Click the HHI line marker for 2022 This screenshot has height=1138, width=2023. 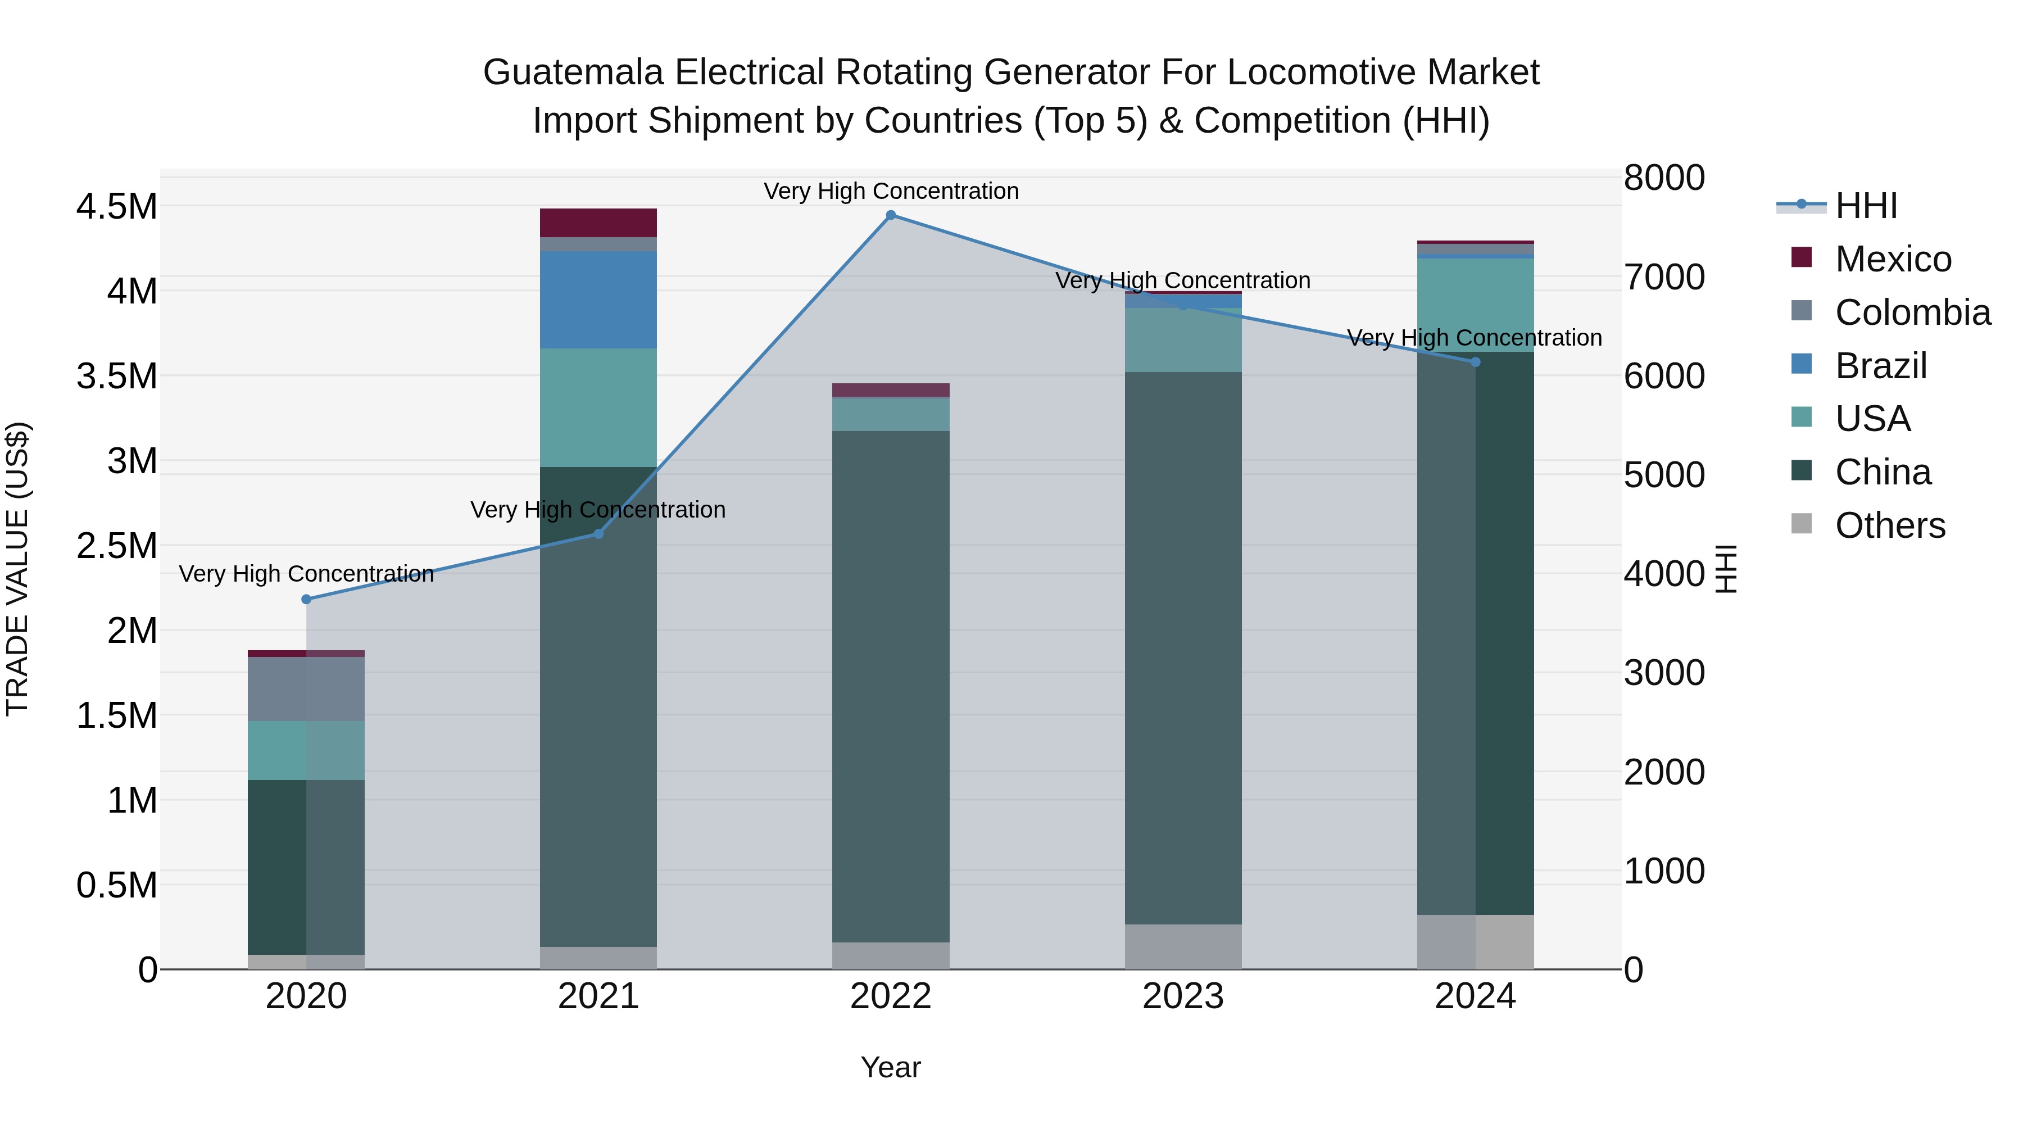891,215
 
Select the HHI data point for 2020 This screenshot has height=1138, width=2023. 306,599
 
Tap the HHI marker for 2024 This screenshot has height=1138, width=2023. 1475,362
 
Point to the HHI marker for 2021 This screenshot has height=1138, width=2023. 598,534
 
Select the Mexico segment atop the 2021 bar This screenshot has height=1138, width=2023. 598,223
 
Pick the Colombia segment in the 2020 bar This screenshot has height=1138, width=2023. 306,689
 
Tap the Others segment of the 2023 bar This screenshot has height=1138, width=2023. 1183,946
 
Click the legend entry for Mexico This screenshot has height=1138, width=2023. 1893,259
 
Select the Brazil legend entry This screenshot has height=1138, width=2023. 1881,366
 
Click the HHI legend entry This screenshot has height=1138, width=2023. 1866,206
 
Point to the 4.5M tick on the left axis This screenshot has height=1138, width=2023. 117,207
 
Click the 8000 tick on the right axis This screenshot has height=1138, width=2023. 1664,178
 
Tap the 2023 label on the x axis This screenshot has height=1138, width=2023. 1183,996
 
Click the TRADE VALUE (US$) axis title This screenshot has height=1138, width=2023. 17,569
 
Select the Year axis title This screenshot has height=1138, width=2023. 891,1067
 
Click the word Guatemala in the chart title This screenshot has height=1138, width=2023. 573,72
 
